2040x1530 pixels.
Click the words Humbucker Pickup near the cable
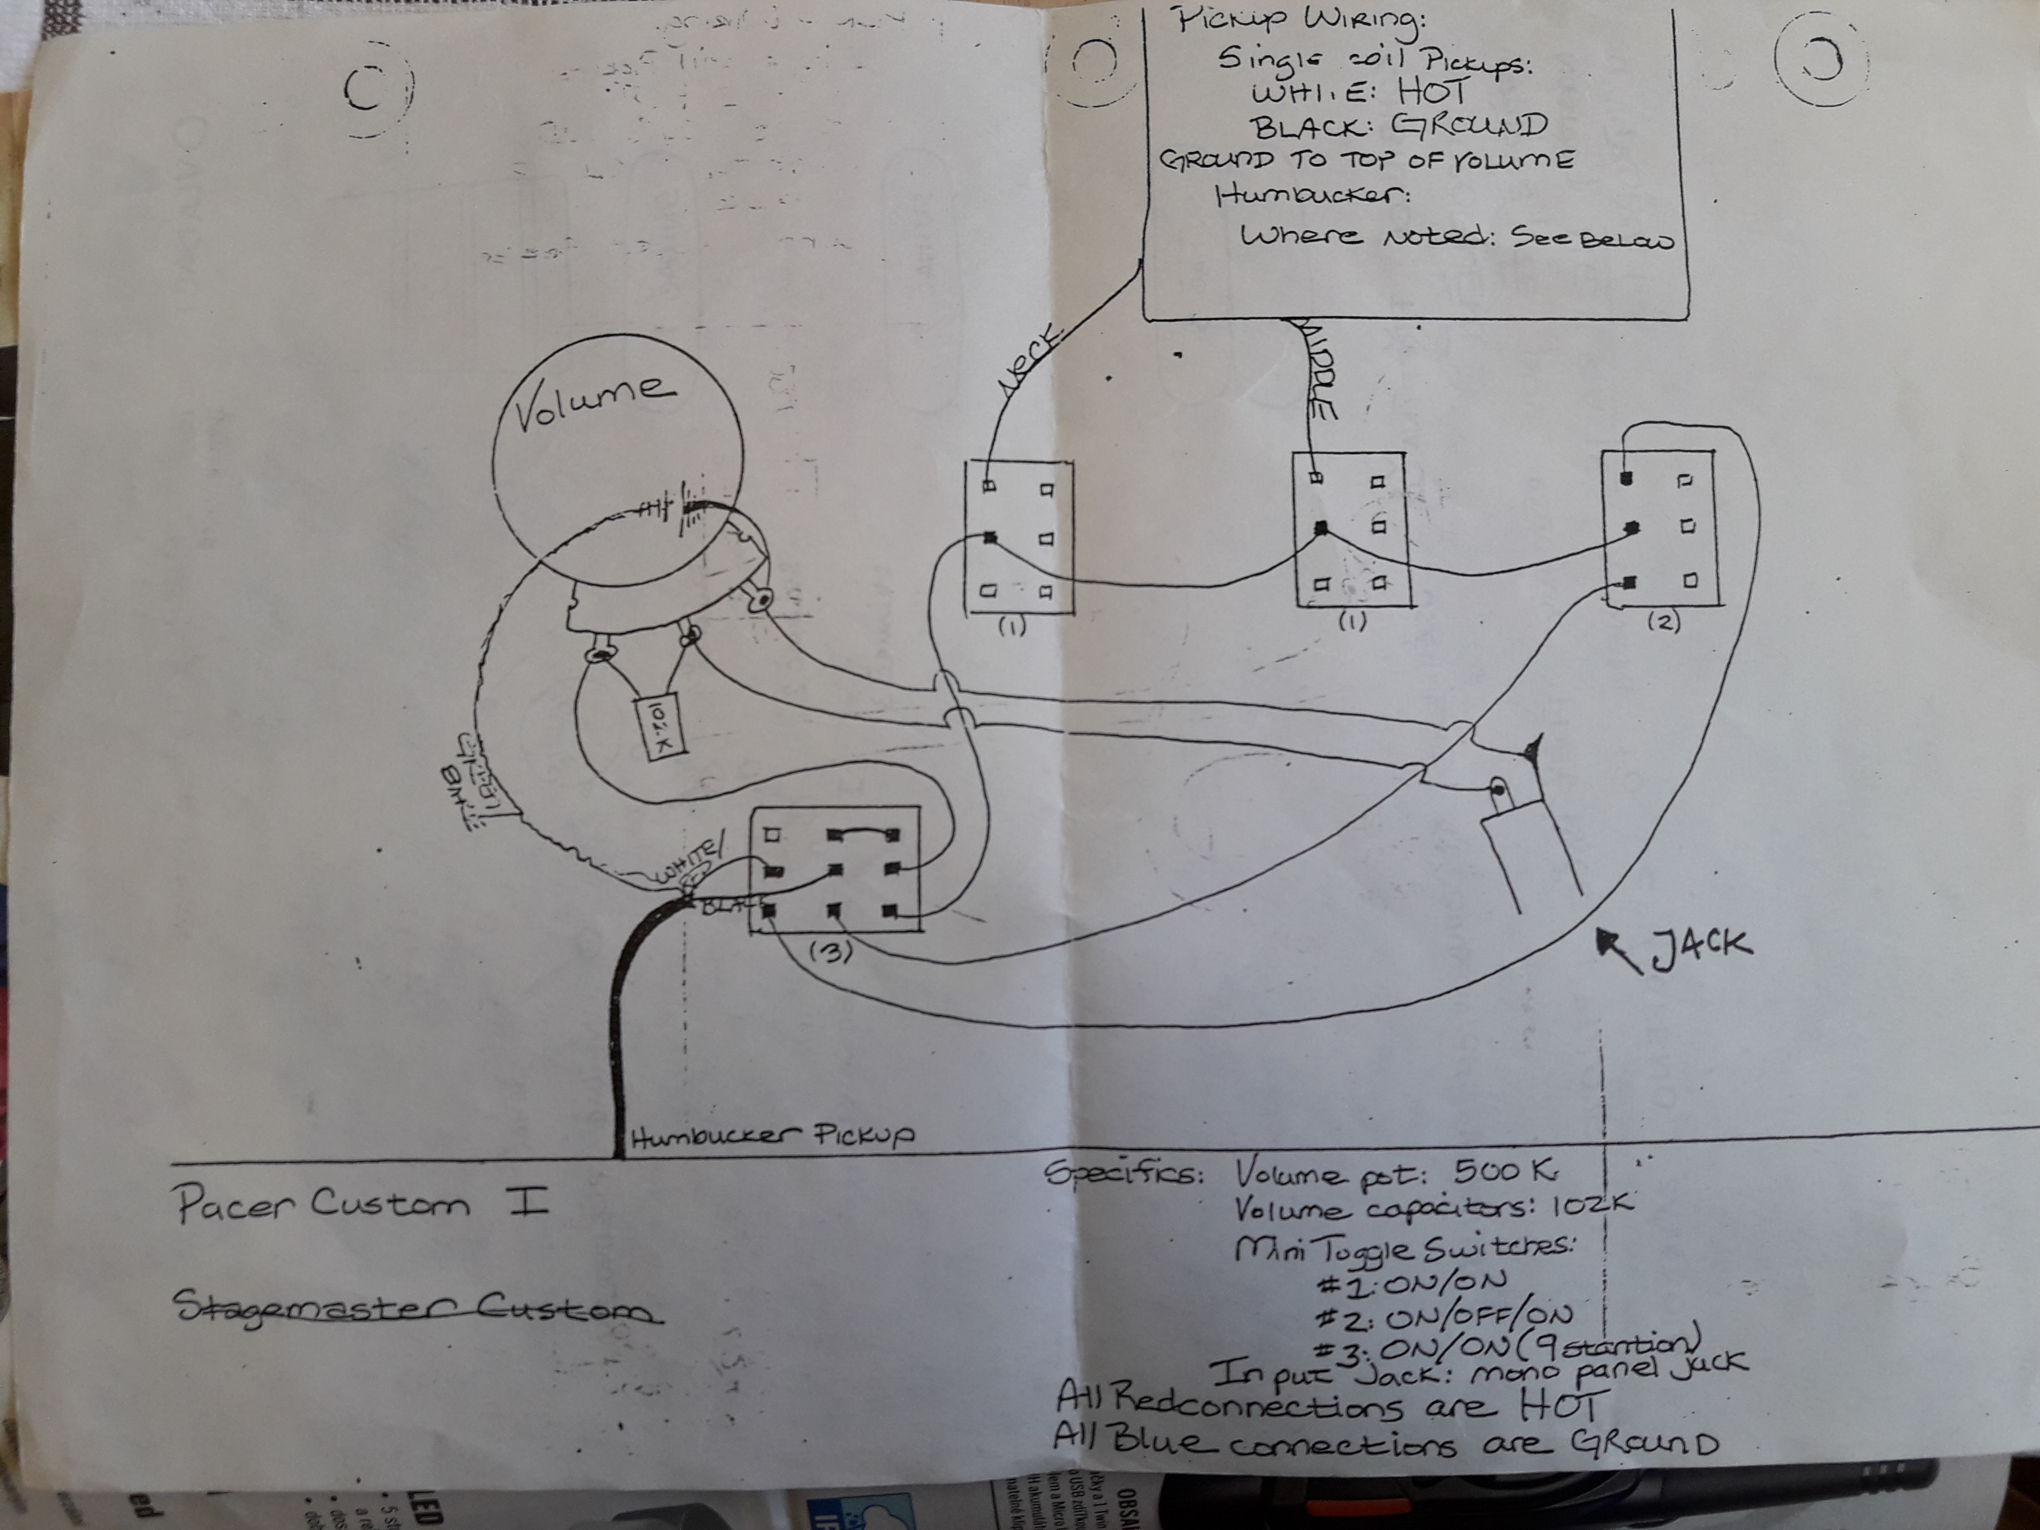773,1136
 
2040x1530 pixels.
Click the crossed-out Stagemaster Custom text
417,1309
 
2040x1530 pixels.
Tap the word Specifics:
1123,1174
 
